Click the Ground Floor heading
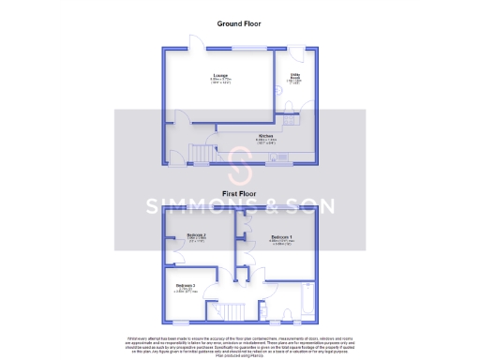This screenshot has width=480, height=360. click(239, 22)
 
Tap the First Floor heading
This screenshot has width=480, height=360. click(239, 193)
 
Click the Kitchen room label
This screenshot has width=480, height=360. click(266, 138)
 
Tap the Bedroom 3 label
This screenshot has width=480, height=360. click(185, 287)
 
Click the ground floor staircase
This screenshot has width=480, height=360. click(200, 152)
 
